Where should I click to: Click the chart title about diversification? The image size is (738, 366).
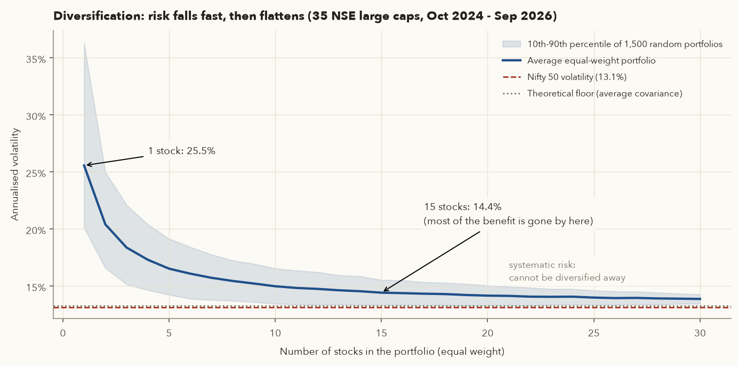[305, 16]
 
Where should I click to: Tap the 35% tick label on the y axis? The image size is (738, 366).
[36, 59]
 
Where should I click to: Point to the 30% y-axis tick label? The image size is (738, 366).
[36, 116]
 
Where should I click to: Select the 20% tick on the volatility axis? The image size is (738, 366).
[36, 230]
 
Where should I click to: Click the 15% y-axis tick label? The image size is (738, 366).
[36, 288]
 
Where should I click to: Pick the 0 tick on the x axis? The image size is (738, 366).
[63, 333]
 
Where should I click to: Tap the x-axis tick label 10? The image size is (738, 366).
[276, 333]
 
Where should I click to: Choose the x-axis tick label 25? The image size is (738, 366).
[593, 333]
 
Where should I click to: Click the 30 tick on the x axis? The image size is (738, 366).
[700, 333]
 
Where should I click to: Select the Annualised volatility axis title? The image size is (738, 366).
[15, 174]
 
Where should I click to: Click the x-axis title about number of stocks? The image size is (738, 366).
[392, 352]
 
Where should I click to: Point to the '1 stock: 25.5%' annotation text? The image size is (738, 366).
[181, 151]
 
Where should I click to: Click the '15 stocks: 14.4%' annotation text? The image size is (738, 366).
[462, 207]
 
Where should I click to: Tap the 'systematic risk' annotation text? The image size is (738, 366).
[542, 265]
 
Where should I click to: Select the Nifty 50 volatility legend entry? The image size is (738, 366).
[564, 77]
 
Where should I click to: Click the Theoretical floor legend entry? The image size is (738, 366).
[592, 94]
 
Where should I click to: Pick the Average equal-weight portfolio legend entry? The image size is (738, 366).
[579, 61]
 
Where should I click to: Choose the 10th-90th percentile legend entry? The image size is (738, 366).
[613, 44]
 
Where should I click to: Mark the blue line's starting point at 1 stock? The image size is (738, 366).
[84, 165]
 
